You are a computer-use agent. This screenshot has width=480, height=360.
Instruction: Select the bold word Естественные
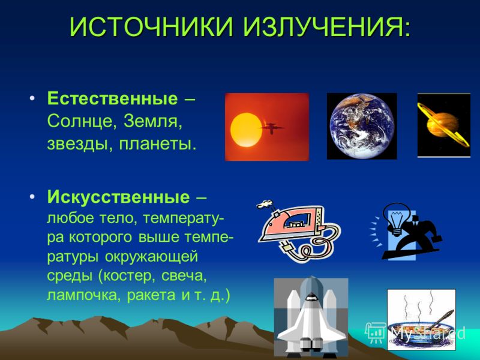112,98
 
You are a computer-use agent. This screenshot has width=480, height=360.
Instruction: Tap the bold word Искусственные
118,197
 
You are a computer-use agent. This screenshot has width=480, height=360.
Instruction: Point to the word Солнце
80,122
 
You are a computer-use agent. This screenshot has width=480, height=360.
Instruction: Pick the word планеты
157,145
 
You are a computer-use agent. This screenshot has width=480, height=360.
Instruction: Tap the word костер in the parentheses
127,276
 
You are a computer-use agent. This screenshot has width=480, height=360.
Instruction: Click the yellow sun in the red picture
246,130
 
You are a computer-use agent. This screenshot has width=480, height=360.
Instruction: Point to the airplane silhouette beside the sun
271,127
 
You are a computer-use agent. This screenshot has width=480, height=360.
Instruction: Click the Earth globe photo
362,126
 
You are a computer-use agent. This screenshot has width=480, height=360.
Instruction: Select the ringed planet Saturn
443,124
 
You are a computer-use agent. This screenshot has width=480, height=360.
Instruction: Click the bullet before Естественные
32,98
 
